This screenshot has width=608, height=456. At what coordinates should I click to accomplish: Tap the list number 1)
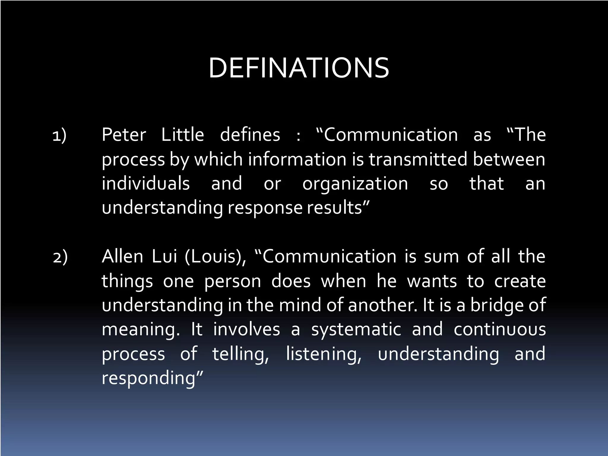(x=59, y=135)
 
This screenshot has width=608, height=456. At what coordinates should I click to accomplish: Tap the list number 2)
(x=60, y=257)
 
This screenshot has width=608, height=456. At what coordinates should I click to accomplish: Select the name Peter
(x=124, y=135)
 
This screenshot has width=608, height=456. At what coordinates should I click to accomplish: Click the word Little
(x=183, y=135)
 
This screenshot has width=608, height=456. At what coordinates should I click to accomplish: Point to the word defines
(x=250, y=135)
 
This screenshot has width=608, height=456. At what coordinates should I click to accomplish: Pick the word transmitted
(x=418, y=159)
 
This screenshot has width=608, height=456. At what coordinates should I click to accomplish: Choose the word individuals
(x=146, y=183)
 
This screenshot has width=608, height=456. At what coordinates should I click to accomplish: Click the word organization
(x=355, y=184)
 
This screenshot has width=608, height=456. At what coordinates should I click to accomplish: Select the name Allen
(x=122, y=256)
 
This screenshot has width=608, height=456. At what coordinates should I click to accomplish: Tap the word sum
(x=441, y=257)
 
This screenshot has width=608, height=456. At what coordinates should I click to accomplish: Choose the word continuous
(x=500, y=330)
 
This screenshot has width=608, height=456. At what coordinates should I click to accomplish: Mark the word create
(x=520, y=281)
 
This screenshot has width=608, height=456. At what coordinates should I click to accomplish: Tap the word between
(x=509, y=159)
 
